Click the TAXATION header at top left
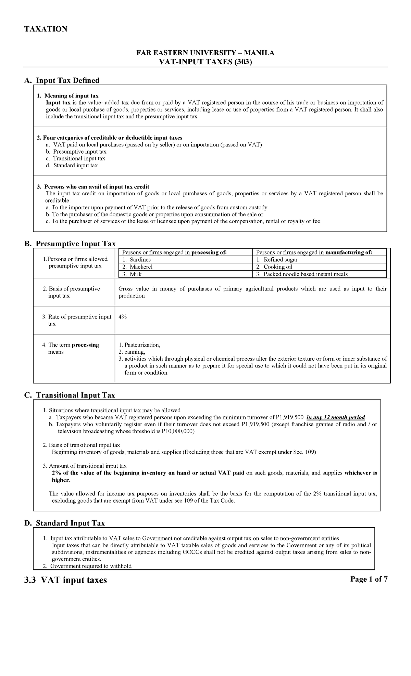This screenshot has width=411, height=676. (45, 29)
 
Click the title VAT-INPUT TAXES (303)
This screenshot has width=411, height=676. (206, 62)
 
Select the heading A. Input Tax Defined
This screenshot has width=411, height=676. (62, 80)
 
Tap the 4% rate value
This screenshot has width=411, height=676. (123, 317)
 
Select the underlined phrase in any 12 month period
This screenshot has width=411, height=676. (336, 417)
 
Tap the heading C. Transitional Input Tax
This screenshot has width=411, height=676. (70, 395)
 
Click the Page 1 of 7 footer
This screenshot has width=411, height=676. (369, 579)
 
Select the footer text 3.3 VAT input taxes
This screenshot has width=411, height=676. (65, 580)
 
